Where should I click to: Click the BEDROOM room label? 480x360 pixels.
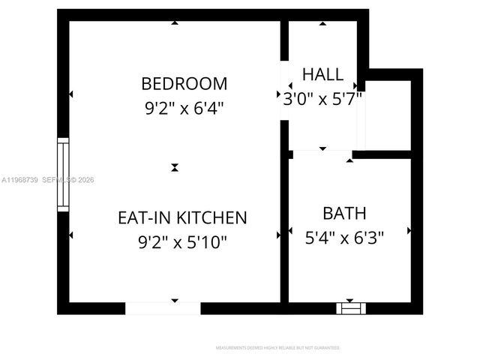click(x=184, y=82)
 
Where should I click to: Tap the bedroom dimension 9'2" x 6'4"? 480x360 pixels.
click(x=184, y=107)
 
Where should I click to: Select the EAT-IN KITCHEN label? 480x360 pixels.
click(x=182, y=217)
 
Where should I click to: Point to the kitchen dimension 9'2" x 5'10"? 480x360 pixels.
click(x=182, y=242)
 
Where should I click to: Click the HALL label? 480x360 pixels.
click(x=322, y=74)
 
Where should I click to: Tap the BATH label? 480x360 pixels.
click(x=344, y=213)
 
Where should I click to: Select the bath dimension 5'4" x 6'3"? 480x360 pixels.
click(x=344, y=238)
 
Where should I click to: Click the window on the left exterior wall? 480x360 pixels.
click(x=63, y=174)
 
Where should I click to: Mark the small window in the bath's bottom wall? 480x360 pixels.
click(x=350, y=307)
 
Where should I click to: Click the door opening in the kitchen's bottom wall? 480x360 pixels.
click(x=163, y=307)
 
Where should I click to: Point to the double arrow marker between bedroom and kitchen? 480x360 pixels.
click(x=175, y=167)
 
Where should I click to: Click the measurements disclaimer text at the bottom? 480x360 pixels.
click(x=277, y=348)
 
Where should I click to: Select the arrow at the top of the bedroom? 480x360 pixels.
click(x=175, y=23)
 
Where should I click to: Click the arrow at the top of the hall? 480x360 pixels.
click(x=322, y=23)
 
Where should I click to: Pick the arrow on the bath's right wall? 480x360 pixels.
click(x=409, y=231)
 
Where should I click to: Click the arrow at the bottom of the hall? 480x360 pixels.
click(x=322, y=148)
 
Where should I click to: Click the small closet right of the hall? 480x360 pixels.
click(x=388, y=115)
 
